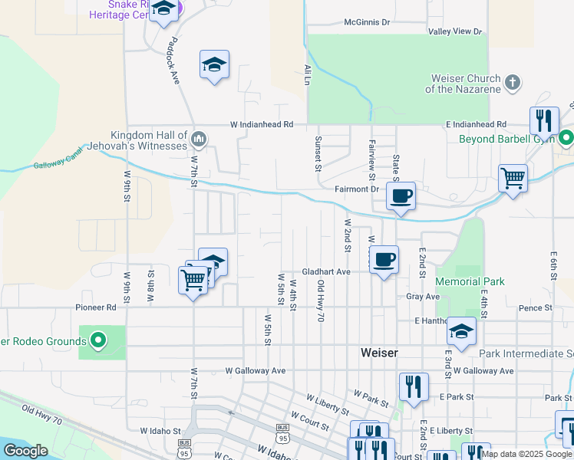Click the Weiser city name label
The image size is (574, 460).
(379, 352)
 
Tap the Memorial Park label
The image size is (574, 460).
(470, 281)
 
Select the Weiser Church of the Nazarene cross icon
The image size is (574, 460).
(513, 80)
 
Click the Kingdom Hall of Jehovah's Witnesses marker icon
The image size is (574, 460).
(198, 139)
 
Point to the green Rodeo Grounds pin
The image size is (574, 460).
(98, 340)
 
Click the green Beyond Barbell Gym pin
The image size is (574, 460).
(566, 139)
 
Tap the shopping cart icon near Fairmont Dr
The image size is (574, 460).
(513, 179)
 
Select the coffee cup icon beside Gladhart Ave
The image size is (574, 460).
(384, 259)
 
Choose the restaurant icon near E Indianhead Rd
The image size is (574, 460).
(544, 120)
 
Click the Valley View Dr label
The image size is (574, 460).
(455, 31)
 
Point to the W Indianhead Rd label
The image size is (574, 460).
(262, 124)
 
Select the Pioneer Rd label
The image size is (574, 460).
(95, 307)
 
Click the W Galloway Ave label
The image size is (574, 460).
(256, 370)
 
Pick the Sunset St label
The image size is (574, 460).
(318, 154)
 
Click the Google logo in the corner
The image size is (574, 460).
(25, 451)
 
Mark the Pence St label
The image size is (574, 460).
(536, 307)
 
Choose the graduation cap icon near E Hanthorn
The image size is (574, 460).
(462, 330)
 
